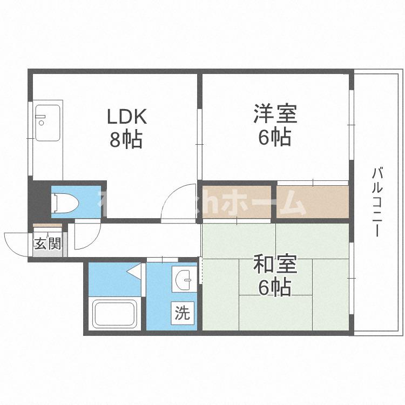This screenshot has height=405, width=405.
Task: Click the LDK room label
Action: pyautogui.click(x=126, y=117)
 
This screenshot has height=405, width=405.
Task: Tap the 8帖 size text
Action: pyautogui.click(x=126, y=140)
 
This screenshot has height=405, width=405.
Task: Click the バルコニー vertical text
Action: pyautogui.click(x=378, y=202)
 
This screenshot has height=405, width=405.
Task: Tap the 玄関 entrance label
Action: pyautogui.click(x=48, y=244)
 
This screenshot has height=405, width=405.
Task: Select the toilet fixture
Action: pyautogui.click(x=65, y=202)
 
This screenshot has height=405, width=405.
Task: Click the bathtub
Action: pyautogui.click(x=114, y=314)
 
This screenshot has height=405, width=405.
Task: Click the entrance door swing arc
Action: pyautogui.click(x=16, y=242)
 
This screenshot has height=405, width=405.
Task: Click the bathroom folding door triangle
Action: pyautogui.click(x=136, y=271)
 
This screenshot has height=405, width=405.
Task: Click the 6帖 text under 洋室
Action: pyautogui.click(x=275, y=138)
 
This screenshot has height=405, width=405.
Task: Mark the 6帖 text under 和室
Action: pyautogui.click(x=275, y=288)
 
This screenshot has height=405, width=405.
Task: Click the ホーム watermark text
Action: pyautogui.click(x=275, y=204)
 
